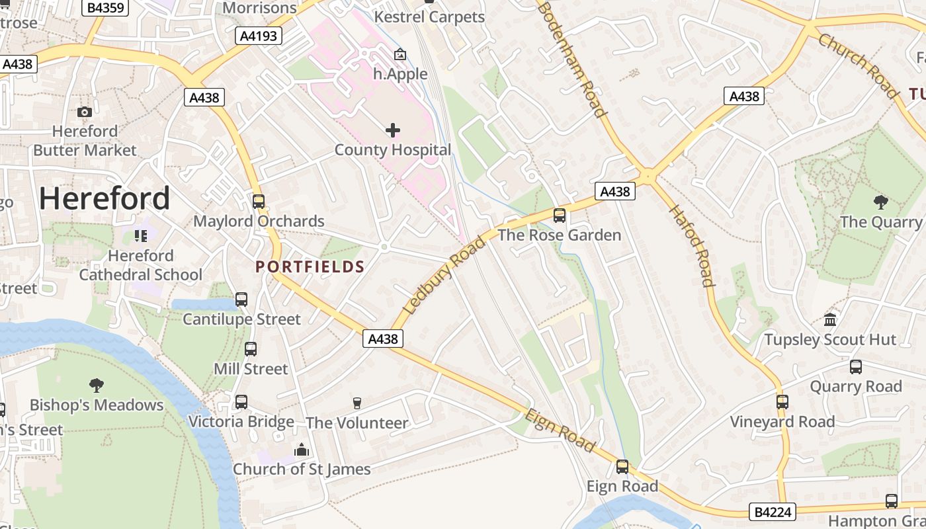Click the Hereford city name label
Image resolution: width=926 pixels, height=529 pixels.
click(x=105, y=198)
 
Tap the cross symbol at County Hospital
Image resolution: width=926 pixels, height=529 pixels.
click(x=393, y=130)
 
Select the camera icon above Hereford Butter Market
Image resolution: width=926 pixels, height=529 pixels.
click(x=85, y=112)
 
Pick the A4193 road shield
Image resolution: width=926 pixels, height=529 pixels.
click(x=259, y=36)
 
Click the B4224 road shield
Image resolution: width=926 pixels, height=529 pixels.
click(x=773, y=511)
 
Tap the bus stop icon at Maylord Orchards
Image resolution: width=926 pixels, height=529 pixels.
click(x=259, y=202)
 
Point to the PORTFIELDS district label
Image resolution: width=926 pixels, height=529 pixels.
click(x=310, y=266)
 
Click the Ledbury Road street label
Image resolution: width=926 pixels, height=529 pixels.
click(x=444, y=274)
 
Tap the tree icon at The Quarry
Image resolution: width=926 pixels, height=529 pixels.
click(x=880, y=202)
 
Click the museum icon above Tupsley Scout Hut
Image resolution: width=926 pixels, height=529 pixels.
click(x=830, y=320)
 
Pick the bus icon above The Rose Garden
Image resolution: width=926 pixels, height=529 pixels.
click(x=560, y=215)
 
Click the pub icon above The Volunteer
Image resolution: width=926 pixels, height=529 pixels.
click(x=357, y=403)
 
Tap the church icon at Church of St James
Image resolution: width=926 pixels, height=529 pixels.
click(x=302, y=450)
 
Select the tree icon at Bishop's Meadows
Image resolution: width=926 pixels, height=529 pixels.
click(x=97, y=385)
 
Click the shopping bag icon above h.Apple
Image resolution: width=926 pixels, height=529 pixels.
click(x=400, y=54)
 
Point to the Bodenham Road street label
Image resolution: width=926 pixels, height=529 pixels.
click(x=573, y=60)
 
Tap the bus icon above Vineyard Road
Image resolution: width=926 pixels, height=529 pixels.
click(x=782, y=401)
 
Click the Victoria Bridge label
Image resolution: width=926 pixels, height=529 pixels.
click(x=241, y=421)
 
